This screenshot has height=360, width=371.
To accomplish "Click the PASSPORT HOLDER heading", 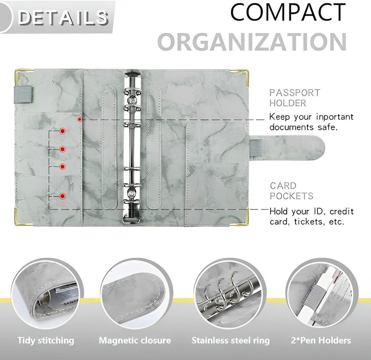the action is [294, 98].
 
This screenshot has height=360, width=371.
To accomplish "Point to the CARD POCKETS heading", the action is [292, 191].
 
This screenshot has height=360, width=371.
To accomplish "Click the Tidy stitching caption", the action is [46, 340].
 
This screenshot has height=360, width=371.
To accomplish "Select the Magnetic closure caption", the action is [135, 340].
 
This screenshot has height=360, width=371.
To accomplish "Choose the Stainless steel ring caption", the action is [231, 341].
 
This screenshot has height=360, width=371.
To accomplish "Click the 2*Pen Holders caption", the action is [321, 340].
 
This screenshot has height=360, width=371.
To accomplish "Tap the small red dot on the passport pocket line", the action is [79, 119].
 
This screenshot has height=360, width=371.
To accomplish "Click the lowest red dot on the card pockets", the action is [62, 196].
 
